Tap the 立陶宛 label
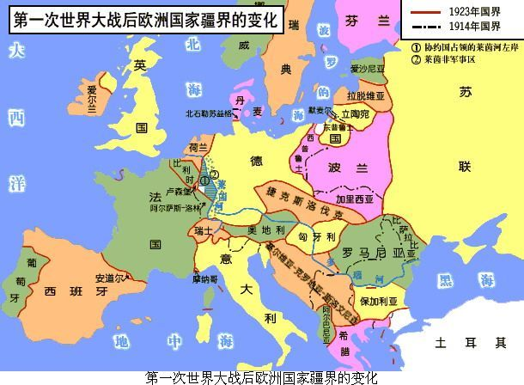coord(355,113)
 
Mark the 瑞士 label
coord(204,230)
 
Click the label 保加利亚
coord(376,302)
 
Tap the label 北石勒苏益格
coord(208,113)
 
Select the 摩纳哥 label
coord(205,278)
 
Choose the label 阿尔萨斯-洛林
coord(175,209)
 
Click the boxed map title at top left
coord(146,20)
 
